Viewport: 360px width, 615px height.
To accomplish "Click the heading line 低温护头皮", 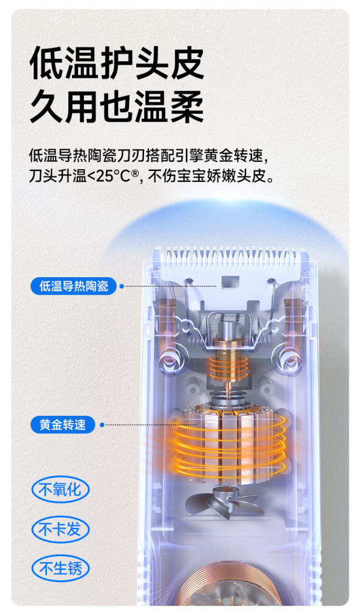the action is pyautogui.click(x=117, y=63).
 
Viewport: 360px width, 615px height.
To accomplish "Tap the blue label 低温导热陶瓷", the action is pyautogui.click(x=74, y=286).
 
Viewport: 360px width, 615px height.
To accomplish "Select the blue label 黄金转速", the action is pyautogui.click(x=63, y=424).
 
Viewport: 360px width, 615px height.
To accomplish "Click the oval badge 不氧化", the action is pyautogui.click(x=61, y=490).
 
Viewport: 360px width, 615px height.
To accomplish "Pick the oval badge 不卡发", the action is pyautogui.click(x=61, y=529).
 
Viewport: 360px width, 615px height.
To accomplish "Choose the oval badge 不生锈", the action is pyautogui.click(x=61, y=568).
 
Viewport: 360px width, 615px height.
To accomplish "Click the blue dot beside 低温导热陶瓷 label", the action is pyautogui.click(x=122, y=286).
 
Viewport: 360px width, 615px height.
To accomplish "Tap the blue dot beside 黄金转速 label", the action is pyautogui.click(x=102, y=425).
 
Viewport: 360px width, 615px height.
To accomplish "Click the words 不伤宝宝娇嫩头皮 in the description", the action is pyautogui.click(x=208, y=176).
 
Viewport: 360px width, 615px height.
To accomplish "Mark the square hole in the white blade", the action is pyautogui.click(x=230, y=281).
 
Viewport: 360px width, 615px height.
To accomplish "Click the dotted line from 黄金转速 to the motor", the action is pyautogui.click(x=151, y=425).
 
